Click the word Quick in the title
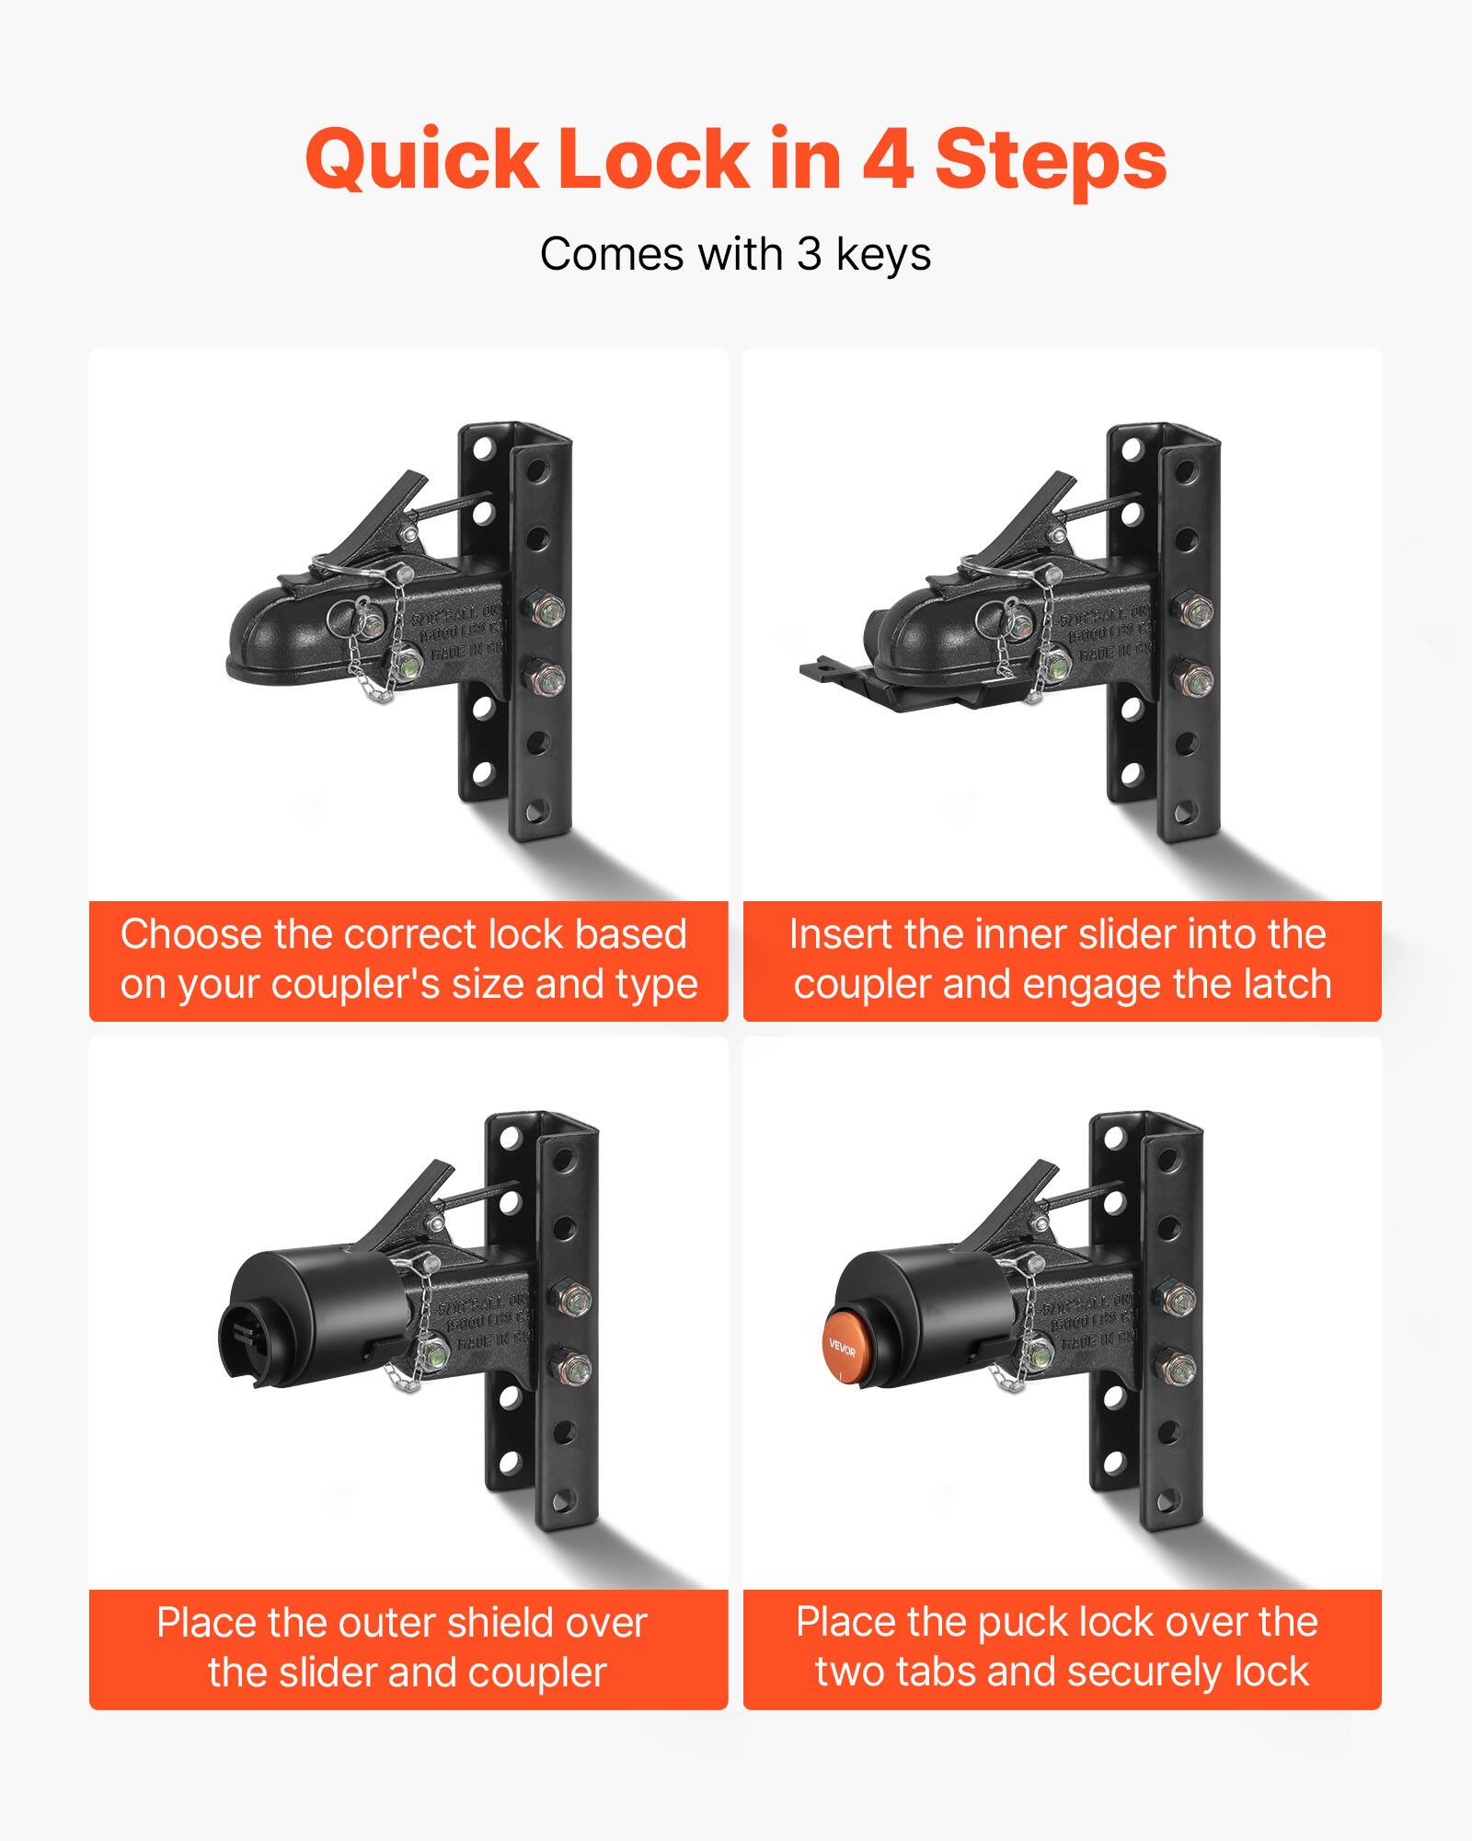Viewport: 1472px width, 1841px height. click(421, 161)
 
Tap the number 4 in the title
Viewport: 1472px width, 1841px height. click(887, 159)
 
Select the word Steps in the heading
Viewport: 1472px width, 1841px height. click(1051, 161)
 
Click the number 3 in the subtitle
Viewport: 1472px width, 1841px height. click(809, 254)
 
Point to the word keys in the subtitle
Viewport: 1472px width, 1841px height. click(883, 256)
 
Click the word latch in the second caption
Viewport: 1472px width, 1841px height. click(1287, 984)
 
